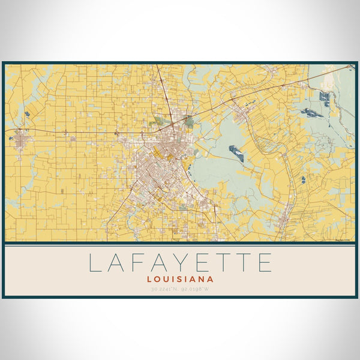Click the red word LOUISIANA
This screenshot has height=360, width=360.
click(x=180, y=279)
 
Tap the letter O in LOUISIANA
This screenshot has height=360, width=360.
click(x=158, y=279)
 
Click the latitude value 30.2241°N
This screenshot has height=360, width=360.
click(x=164, y=290)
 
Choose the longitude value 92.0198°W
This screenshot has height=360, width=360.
click(x=196, y=290)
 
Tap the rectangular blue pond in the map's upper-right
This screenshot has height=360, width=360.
click(x=325, y=96)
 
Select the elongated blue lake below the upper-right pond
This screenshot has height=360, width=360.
click(x=311, y=112)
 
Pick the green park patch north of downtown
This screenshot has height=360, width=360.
click(x=190, y=122)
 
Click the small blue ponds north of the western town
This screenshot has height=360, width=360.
click(x=26, y=113)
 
